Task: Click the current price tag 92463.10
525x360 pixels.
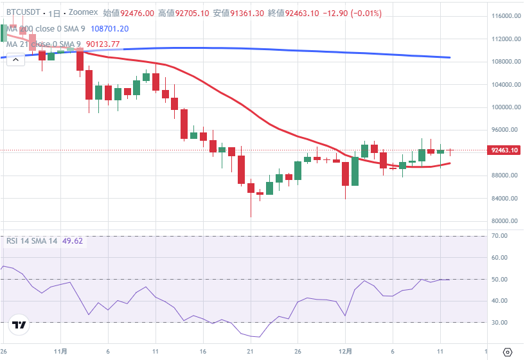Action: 504,150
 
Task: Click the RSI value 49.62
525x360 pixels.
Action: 73,240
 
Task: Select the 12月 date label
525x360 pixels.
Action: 345,352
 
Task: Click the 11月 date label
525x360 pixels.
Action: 60,352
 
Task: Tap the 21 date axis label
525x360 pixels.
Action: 251,352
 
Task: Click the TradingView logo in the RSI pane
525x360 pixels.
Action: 19,325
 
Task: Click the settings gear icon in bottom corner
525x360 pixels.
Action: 507,352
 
